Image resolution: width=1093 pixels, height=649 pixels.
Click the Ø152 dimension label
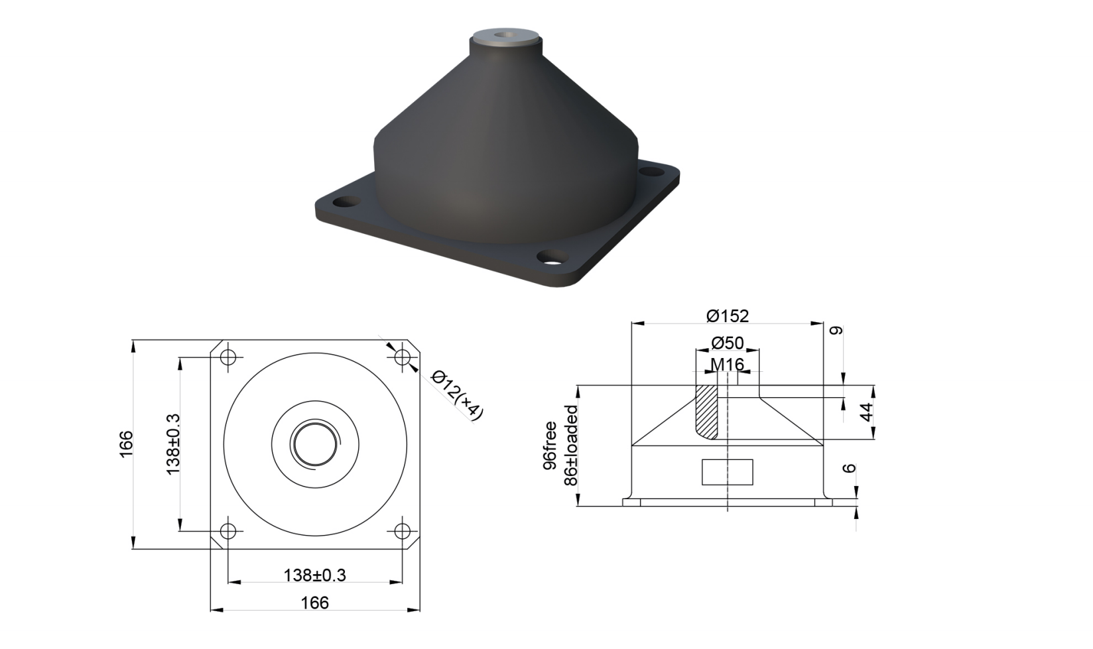727,316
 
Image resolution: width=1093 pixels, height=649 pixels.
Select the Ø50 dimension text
728,343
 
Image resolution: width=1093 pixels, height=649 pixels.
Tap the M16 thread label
727,364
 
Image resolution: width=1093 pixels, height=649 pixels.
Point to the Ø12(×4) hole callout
457,394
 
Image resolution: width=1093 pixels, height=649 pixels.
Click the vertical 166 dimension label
126,443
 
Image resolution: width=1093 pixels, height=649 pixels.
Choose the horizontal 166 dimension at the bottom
315,603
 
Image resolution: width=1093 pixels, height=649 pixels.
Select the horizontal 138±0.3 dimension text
315,575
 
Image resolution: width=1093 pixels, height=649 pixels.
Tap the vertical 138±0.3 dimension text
172,444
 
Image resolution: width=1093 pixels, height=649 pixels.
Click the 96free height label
549,445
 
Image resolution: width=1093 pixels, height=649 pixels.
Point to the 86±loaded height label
570,445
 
